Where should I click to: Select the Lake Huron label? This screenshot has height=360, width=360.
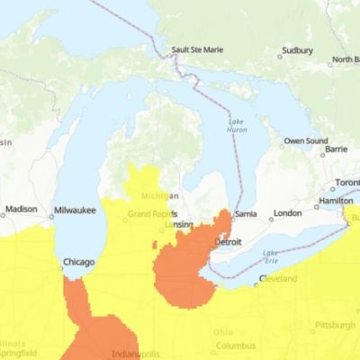pyautogui.click(x=237, y=127)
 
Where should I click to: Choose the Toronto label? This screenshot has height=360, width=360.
pyautogui.click(x=347, y=183)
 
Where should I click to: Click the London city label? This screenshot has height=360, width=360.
pyautogui.click(x=287, y=213)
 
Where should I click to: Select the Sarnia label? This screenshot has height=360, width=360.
pyautogui.click(x=247, y=214)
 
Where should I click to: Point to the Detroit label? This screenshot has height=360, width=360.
pyautogui.click(x=228, y=243)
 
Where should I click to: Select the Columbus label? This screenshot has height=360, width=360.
pyautogui.click(x=236, y=346)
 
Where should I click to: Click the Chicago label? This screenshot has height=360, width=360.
pyautogui.click(x=77, y=263)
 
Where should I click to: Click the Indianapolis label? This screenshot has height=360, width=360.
pyautogui.click(x=137, y=354)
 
